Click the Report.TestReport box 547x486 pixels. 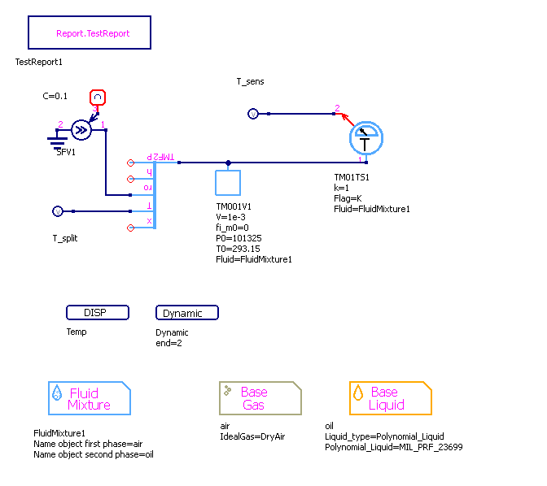tap(92, 33)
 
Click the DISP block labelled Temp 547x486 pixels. tap(98, 313)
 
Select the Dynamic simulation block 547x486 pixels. tap(186, 313)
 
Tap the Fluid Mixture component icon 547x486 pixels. tap(89, 398)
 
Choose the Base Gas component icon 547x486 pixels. tap(260, 398)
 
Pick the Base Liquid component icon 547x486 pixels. tap(390, 398)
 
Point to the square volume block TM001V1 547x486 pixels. tap(228, 183)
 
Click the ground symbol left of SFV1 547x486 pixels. tap(56, 141)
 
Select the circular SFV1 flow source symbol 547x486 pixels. tap(81, 130)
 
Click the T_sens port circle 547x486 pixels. tap(252, 114)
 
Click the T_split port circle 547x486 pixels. tap(57, 211)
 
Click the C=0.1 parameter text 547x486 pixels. tap(55, 96)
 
